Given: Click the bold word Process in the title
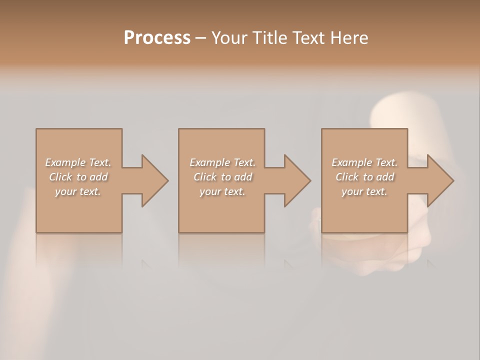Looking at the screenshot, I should tap(157, 38).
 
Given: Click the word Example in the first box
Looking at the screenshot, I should tap(65, 162).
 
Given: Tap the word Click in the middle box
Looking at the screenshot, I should tap(204, 177).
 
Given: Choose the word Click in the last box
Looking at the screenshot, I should tap(347, 177).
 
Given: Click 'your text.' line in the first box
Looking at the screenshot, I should tap(78, 192).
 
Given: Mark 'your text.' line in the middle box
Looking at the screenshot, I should tap(222, 192).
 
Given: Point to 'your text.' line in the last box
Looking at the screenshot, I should tap(364, 192).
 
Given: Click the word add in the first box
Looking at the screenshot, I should tap(99, 177).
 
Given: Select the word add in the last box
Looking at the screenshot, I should tap(385, 177).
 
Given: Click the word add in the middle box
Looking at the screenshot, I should tap(243, 177).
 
